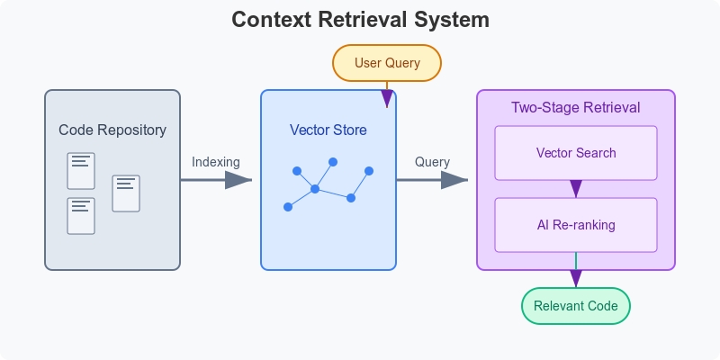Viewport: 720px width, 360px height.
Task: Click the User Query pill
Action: click(387, 63)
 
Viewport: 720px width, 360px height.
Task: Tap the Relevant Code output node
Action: click(576, 306)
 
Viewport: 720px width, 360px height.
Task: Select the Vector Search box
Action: click(576, 153)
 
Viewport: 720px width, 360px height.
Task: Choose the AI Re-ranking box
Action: click(576, 225)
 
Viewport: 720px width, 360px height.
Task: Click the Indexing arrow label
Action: click(216, 162)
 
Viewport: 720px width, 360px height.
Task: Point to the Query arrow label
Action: click(432, 162)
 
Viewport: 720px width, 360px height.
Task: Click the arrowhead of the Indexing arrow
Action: click(238, 180)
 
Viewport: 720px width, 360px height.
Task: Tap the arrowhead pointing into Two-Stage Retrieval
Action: click(454, 180)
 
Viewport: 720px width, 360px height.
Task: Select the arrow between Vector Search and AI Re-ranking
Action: click(576, 189)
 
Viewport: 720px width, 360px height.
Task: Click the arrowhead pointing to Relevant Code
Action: click(576, 279)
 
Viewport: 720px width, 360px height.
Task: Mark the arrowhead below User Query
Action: click(387, 99)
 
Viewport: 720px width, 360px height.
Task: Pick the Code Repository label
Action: click(112, 130)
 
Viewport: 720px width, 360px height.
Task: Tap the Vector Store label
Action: click(328, 130)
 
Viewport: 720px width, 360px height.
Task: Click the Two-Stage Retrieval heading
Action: click(576, 107)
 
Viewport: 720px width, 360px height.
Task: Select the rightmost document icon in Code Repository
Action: click(126, 193)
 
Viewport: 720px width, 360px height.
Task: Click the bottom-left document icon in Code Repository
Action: click(81, 216)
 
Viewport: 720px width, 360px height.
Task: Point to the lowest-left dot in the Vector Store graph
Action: click(288, 207)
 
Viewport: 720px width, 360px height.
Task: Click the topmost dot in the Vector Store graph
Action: click(333, 162)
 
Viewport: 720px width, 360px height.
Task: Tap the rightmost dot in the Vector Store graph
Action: click(369, 171)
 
